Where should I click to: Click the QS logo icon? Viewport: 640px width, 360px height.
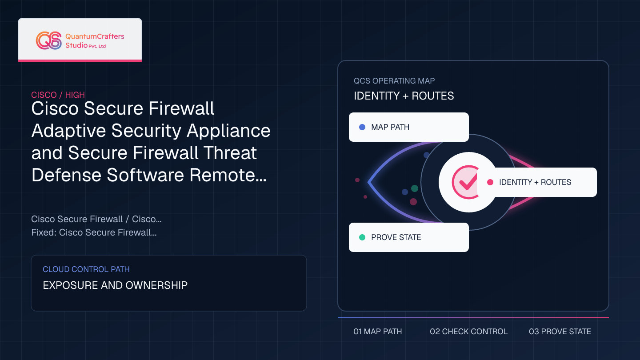[x=49, y=40]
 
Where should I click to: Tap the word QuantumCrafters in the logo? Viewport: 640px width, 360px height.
[x=95, y=36]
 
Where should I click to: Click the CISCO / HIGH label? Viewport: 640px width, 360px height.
[x=58, y=95]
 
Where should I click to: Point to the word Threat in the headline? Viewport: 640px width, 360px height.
[x=230, y=152]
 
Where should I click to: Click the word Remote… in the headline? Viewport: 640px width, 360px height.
[x=228, y=175]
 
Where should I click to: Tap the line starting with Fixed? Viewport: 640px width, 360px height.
[x=94, y=232]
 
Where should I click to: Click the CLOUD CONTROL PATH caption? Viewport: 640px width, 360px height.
[x=86, y=269]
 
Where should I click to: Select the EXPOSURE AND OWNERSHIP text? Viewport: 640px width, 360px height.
[x=115, y=285]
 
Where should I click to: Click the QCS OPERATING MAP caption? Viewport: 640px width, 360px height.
[x=394, y=81]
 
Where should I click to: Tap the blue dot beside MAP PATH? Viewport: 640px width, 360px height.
[x=362, y=127]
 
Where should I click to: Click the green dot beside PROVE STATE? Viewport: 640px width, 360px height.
[x=362, y=237]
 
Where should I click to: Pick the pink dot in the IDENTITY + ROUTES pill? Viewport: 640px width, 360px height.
[x=490, y=182]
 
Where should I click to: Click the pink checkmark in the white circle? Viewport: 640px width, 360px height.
[x=468, y=182]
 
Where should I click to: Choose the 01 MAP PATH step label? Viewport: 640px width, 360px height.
[x=378, y=332]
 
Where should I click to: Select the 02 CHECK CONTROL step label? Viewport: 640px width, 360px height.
[x=468, y=332]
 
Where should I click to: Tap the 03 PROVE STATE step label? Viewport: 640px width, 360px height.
[x=560, y=332]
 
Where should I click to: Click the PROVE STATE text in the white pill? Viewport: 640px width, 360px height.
[x=396, y=237]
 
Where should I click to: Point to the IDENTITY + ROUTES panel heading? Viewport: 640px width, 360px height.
[x=404, y=96]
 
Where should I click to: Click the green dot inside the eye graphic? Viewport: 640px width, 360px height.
[x=415, y=188]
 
